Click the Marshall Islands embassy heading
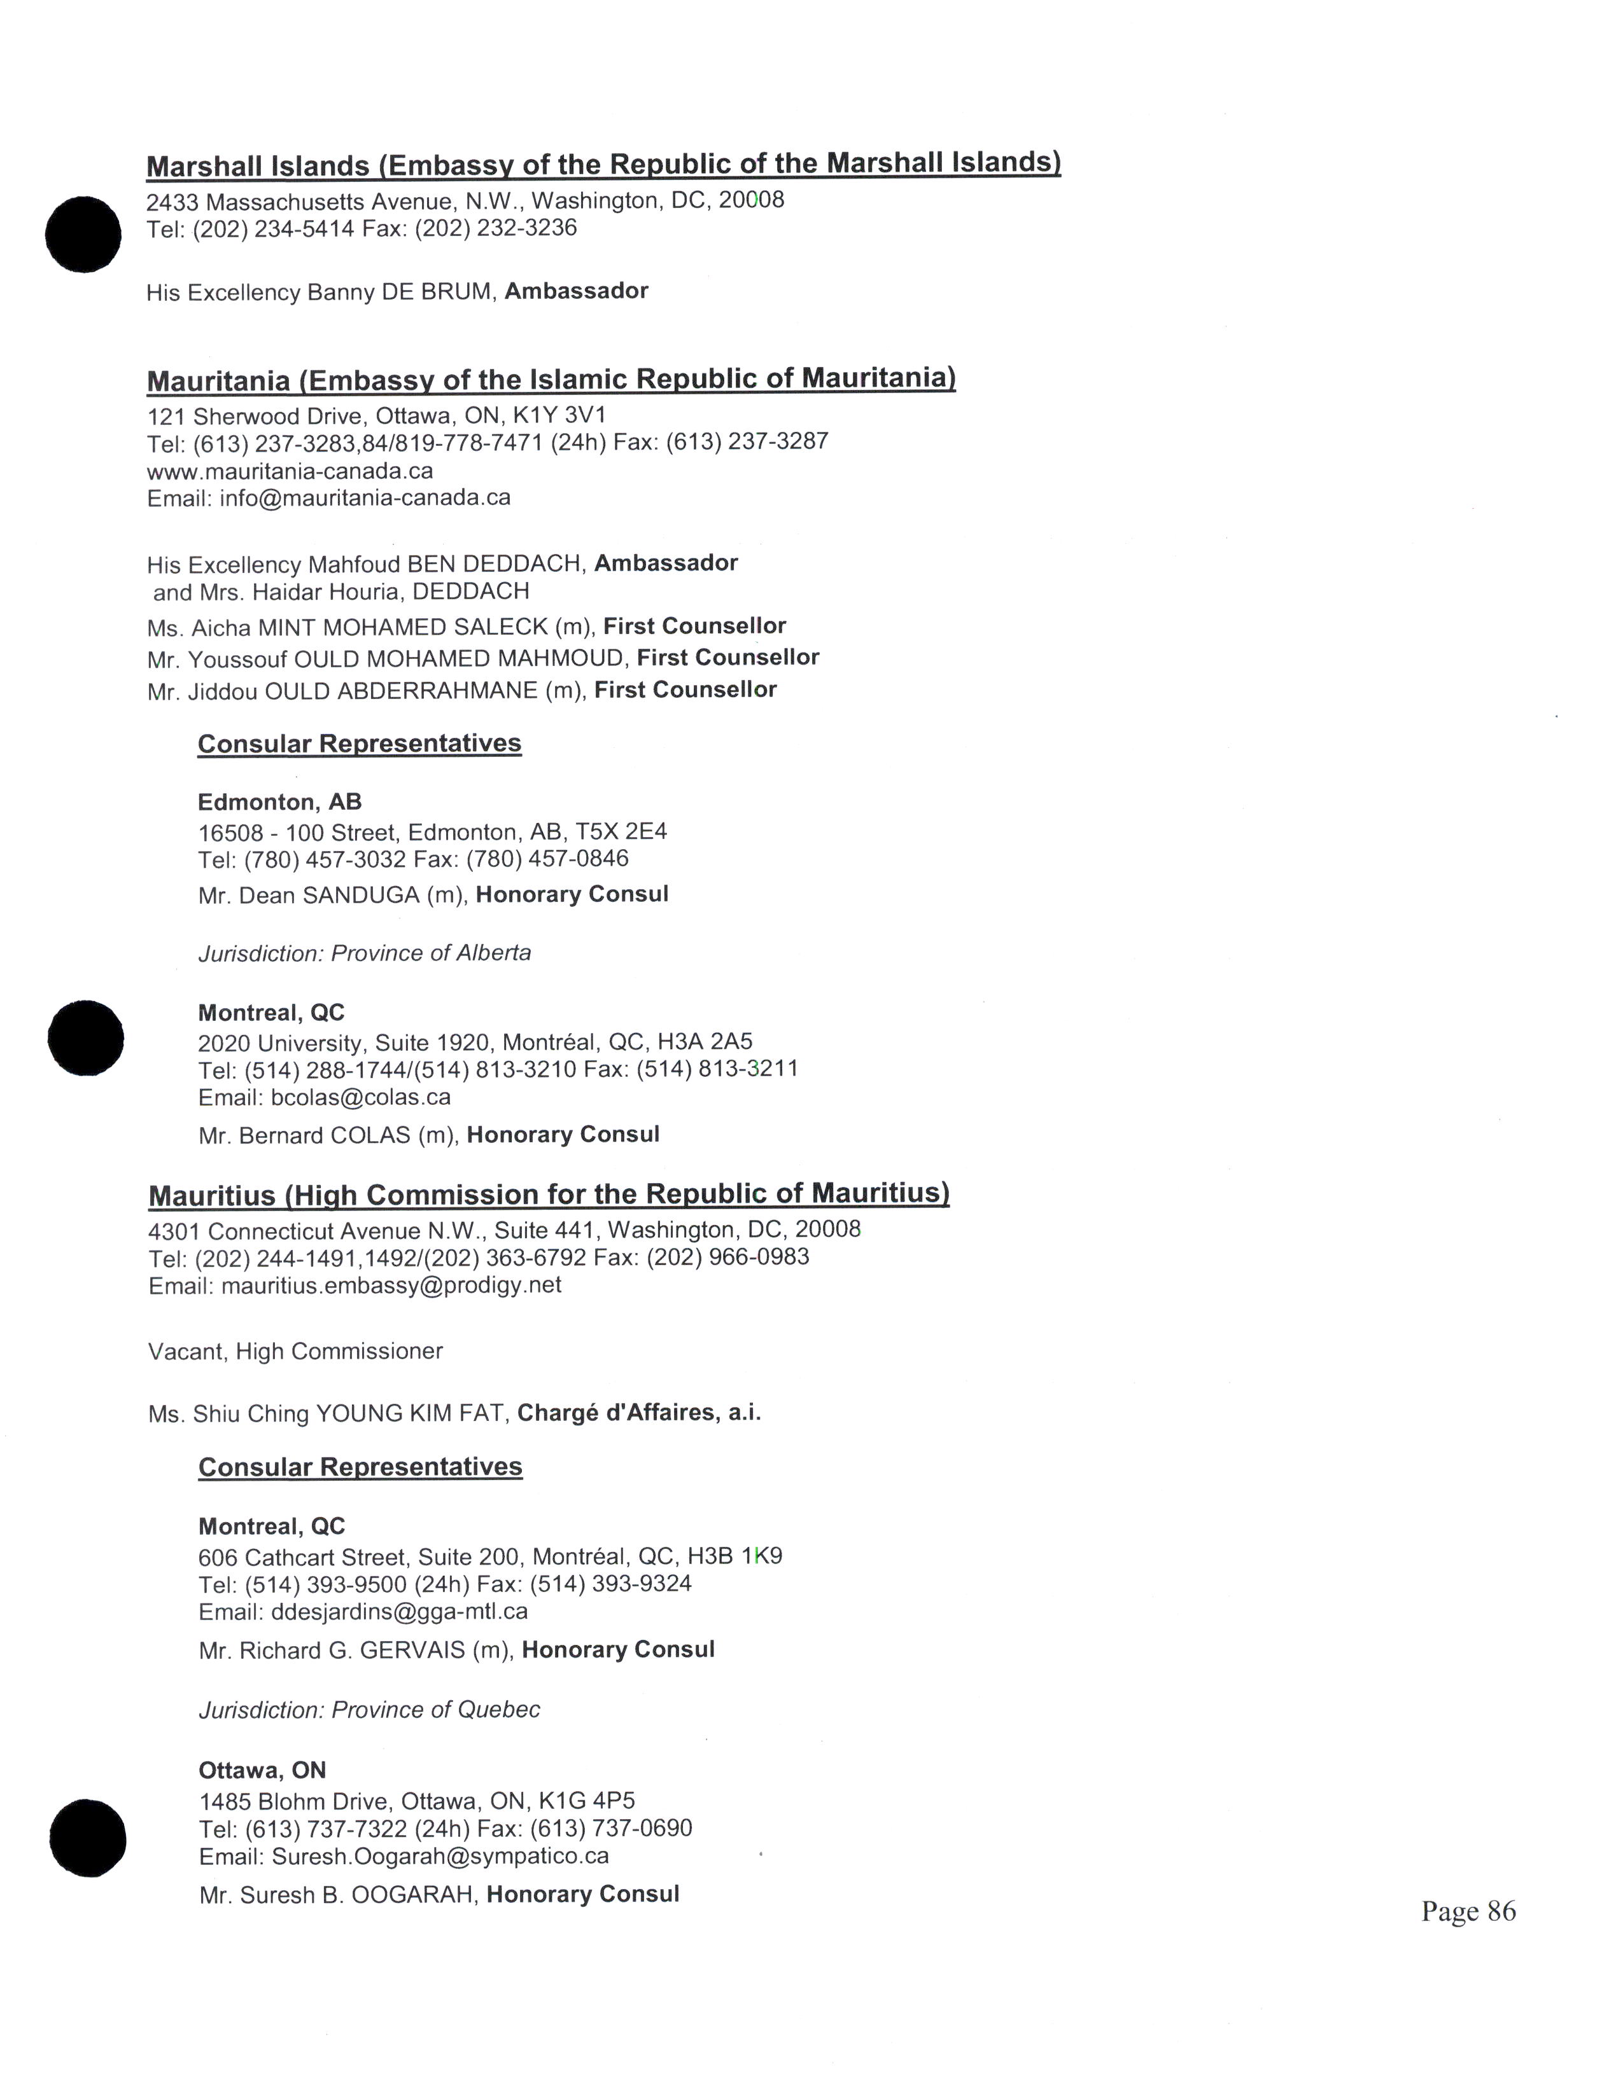[x=603, y=164]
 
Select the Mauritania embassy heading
[x=551, y=380]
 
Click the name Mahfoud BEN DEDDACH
[x=446, y=564]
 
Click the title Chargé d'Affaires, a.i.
[x=638, y=1413]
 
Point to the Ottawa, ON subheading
[x=262, y=1770]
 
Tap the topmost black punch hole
[x=83, y=235]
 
